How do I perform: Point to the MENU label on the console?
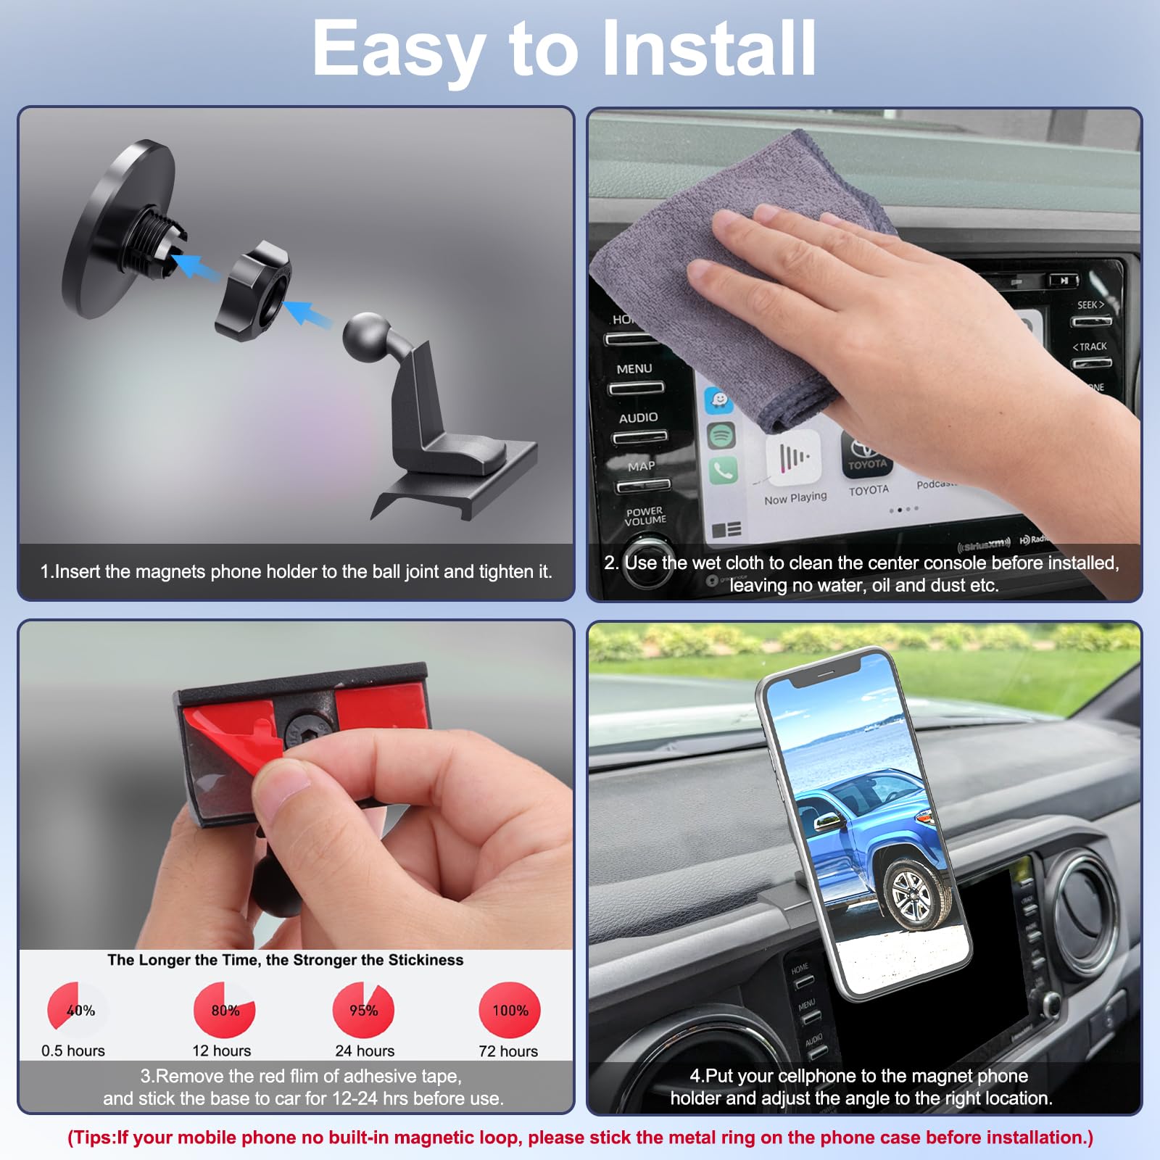tap(634, 369)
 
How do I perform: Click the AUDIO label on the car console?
tap(638, 418)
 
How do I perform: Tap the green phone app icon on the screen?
tap(722, 470)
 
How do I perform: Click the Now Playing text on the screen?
tap(795, 498)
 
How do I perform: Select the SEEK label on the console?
tap(1090, 305)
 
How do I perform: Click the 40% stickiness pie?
tap(77, 1009)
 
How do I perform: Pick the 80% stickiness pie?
tap(225, 1010)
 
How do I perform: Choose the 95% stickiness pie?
tap(363, 1010)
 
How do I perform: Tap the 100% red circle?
tap(510, 1010)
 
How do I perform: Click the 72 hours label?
tap(508, 1051)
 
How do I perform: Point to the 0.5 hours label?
tap(72, 1051)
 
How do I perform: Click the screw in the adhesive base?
tap(299, 729)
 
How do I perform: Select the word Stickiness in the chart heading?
tap(426, 960)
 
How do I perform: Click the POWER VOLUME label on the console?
tap(645, 516)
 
